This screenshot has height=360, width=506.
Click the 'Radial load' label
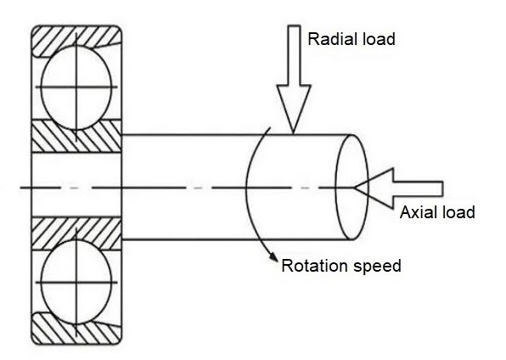(x=351, y=39)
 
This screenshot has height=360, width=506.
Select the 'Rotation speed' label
(x=341, y=266)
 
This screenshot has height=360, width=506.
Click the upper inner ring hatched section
(x=76, y=140)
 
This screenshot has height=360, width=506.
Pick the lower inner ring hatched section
(x=76, y=230)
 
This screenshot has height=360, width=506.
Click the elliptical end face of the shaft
(x=351, y=187)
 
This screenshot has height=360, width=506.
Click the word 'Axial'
(x=419, y=212)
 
